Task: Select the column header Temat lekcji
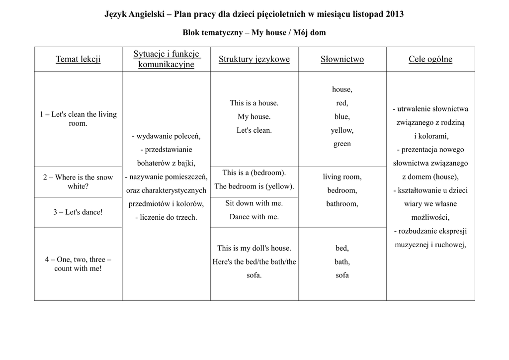(x=78, y=59)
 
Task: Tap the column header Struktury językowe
(x=254, y=59)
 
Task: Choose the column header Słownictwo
(x=342, y=59)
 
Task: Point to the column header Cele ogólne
(x=430, y=59)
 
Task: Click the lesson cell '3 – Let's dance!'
(x=78, y=212)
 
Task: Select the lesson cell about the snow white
(x=78, y=182)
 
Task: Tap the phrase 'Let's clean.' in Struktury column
(x=254, y=130)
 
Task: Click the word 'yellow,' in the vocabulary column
(x=342, y=130)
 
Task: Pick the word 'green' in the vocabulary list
(x=342, y=144)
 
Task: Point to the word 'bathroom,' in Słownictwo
(x=342, y=203)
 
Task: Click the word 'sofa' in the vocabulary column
(x=342, y=275)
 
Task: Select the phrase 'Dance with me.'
(x=254, y=217)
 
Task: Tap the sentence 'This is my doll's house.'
(x=254, y=248)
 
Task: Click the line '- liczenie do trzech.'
(x=166, y=217)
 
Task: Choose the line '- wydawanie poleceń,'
(x=166, y=136)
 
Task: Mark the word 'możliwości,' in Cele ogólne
(x=430, y=217)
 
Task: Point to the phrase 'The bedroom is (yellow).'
(x=254, y=186)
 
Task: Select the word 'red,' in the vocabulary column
(x=342, y=103)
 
